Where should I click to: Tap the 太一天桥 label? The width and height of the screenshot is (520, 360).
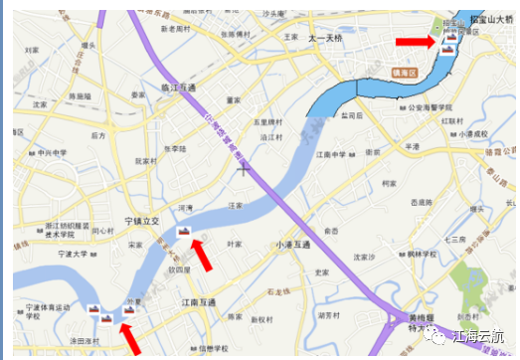tap(324, 38)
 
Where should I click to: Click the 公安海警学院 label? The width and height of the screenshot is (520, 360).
tap(432, 105)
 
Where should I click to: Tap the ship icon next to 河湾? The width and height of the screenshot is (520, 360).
tap(182, 231)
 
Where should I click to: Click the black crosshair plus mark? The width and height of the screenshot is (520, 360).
tap(244, 170)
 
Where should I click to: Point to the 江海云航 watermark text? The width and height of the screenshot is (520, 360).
tap(480, 336)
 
